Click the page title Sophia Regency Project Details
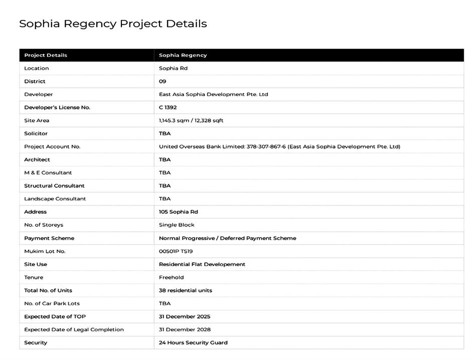(x=113, y=24)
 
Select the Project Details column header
(x=46, y=55)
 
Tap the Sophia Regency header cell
(x=183, y=55)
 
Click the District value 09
(x=163, y=81)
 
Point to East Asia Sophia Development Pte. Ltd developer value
(x=213, y=94)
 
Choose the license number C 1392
(x=168, y=107)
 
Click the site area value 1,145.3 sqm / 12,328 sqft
(x=191, y=121)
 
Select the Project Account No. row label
(x=52, y=147)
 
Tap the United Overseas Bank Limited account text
(x=279, y=147)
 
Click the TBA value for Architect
(x=165, y=160)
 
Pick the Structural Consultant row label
(x=54, y=186)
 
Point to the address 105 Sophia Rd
(x=178, y=212)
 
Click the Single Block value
(x=177, y=225)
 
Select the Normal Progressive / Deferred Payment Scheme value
(x=227, y=238)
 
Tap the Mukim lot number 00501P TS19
(x=176, y=251)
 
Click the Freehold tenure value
(x=171, y=277)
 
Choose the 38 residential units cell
(x=185, y=290)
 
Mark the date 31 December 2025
(x=185, y=316)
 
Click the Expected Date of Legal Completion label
(x=74, y=329)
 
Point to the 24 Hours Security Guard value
(x=193, y=342)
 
